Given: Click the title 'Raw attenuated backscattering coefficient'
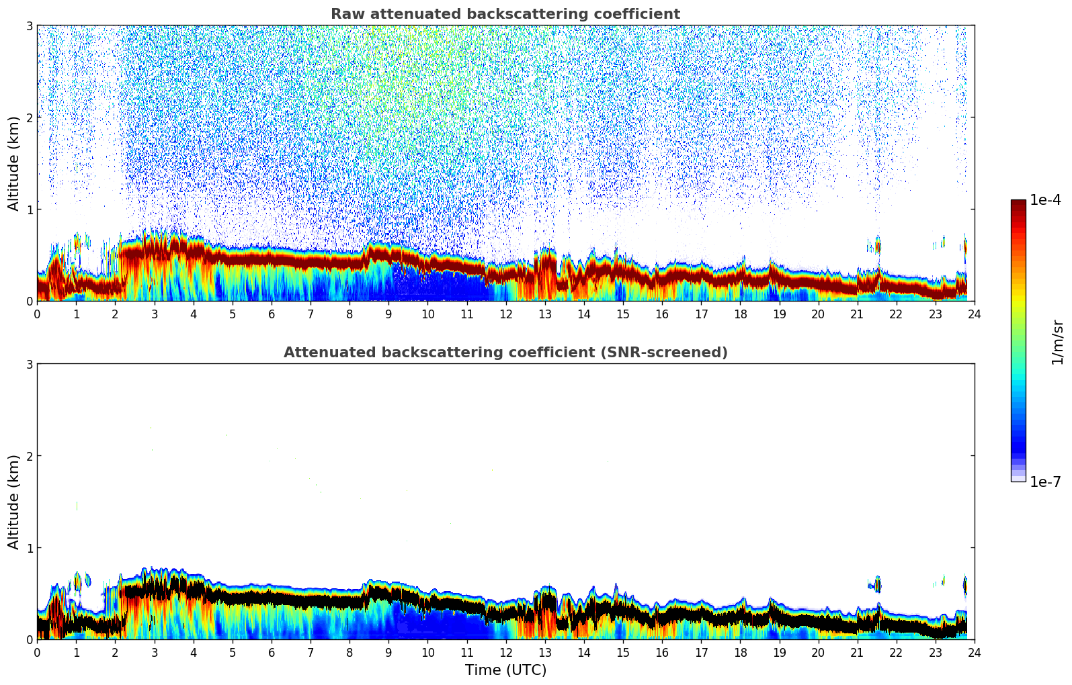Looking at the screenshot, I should click(505, 14).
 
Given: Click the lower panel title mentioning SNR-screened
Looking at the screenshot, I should click(505, 353).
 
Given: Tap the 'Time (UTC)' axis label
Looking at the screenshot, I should click(505, 670).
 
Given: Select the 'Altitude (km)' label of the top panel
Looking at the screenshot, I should click(13, 163).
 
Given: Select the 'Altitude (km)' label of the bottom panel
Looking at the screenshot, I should click(13, 502).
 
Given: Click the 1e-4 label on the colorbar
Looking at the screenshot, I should click(1045, 200).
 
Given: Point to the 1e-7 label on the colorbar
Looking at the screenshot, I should click(1045, 482).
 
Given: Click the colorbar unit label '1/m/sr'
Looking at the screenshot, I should click(1057, 342).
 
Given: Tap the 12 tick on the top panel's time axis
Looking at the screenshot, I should click(505, 314).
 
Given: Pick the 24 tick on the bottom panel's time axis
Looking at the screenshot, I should click(974, 652).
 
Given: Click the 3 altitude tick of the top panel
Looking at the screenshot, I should click(29, 26).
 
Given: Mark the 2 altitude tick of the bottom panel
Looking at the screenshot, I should click(29, 456).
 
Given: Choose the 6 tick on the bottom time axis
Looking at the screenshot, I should click(272, 652).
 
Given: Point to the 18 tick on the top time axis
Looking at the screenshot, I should click(740, 314).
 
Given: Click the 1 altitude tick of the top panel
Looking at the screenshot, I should click(29, 210).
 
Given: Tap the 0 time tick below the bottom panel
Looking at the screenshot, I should click(37, 652).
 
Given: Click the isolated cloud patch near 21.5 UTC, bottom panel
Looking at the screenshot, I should click(876, 584).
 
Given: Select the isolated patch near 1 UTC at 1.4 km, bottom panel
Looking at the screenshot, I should click(77, 506).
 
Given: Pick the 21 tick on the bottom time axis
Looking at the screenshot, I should click(857, 652).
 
